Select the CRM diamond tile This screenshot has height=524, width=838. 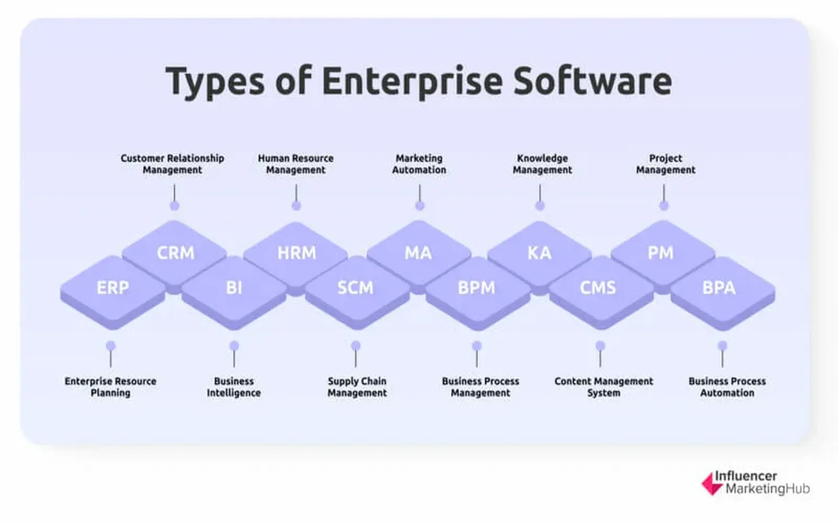pyautogui.click(x=174, y=255)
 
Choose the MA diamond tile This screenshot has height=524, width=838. pyautogui.click(x=418, y=255)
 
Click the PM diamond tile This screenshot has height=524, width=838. pyautogui.click(x=663, y=255)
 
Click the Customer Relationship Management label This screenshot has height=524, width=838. pyautogui.click(x=172, y=164)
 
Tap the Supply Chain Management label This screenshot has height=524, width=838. pyautogui.click(x=357, y=387)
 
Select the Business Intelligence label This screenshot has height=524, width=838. pyautogui.click(x=234, y=387)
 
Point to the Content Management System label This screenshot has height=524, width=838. pyautogui.click(x=604, y=387)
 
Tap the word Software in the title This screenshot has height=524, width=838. pyautogui.click(x=592, y=81)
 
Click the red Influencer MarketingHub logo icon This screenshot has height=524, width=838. pyautogui.click(x=712, y=484)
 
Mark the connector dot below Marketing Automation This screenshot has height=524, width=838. pyautogui.click(x=420, y=205)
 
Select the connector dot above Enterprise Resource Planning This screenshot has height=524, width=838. pyautogui.click(x=111, y=345)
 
